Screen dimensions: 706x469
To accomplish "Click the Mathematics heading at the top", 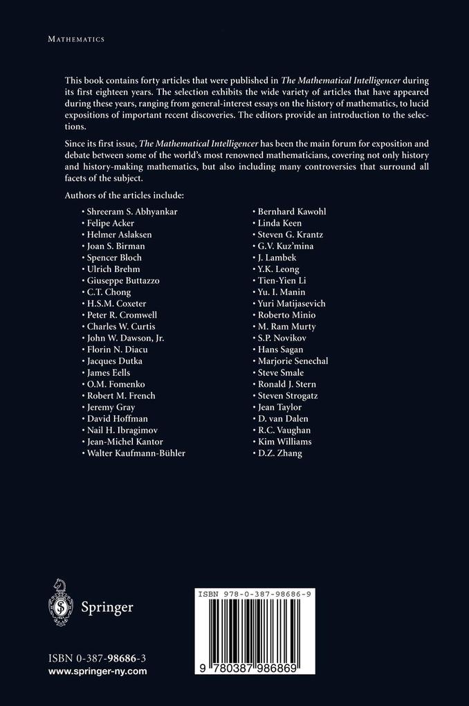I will tap(75, 39).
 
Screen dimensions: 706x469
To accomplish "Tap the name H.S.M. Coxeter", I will tap(116, 303).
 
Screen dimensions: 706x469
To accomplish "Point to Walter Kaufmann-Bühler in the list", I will tap(136, 453).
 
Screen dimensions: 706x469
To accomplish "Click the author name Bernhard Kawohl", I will tap(286, 211).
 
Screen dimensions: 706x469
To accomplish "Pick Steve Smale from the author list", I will tap(280, 372).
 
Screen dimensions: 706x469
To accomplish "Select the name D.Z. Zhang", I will tap(279, 453).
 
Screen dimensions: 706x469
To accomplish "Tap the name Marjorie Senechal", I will tap(292, 361).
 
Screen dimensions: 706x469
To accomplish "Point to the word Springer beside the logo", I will tap(107, 607).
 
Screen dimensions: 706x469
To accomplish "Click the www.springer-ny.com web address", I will tap(98, 671).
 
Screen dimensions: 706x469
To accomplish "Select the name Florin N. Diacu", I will tap(117, 350).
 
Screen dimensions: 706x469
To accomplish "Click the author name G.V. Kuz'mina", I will tap(284, 246).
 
